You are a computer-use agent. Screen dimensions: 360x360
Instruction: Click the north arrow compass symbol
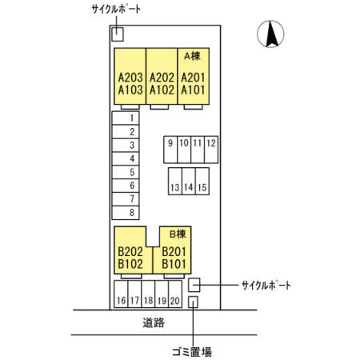pyautogui.click(x=270, y=34)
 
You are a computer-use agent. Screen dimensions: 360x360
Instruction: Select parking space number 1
pyautogui.click(x=126, y=118)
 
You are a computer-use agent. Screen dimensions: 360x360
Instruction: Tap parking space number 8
pyautogui.click(x=126, y=213)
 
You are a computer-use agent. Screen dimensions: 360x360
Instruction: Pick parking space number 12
pyautogui.click(x=211, y=150)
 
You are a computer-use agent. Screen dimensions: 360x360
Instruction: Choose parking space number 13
pyautogui.click(x=175, y=181)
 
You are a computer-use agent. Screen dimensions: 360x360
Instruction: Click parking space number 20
pyautogui.click(x=175, y=294)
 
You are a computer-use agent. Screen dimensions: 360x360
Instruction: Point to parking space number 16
pyautogui.click(x=121, y=294)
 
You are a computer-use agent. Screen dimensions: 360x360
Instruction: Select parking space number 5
pyautogui.click(x=126, y=172)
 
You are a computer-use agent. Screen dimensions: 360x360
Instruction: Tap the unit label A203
pyautogui.click(x=130, y=78)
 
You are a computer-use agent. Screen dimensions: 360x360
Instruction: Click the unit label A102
pyautogui.click(x=162, y=90)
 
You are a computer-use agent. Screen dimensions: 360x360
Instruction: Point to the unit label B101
pyautogui.click(x=174, y=264)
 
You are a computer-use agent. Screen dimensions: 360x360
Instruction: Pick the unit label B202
pyautogui.click(x=130, y=251)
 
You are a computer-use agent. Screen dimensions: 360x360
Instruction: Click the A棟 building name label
pyautogui.click(x=192, y=56)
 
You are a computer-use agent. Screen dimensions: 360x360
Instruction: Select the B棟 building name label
pyautogui.click(x=178, y=234)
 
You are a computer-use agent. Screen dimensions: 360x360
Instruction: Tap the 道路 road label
pyautogui.click(x=154, y=322)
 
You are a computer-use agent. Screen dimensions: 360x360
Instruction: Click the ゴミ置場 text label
pyautogui.click(x=192, y=352)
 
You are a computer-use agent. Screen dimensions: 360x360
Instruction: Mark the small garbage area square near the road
pyautogui.click(x=193, y=302)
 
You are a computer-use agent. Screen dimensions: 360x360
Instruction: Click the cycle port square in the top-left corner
pyautogui.click(x=118, y=34)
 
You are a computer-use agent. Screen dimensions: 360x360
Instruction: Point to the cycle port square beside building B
pyautogui.click(x=194, y=285)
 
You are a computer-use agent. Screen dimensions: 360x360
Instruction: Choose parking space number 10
pyautogui.click(x=184, y=150)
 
